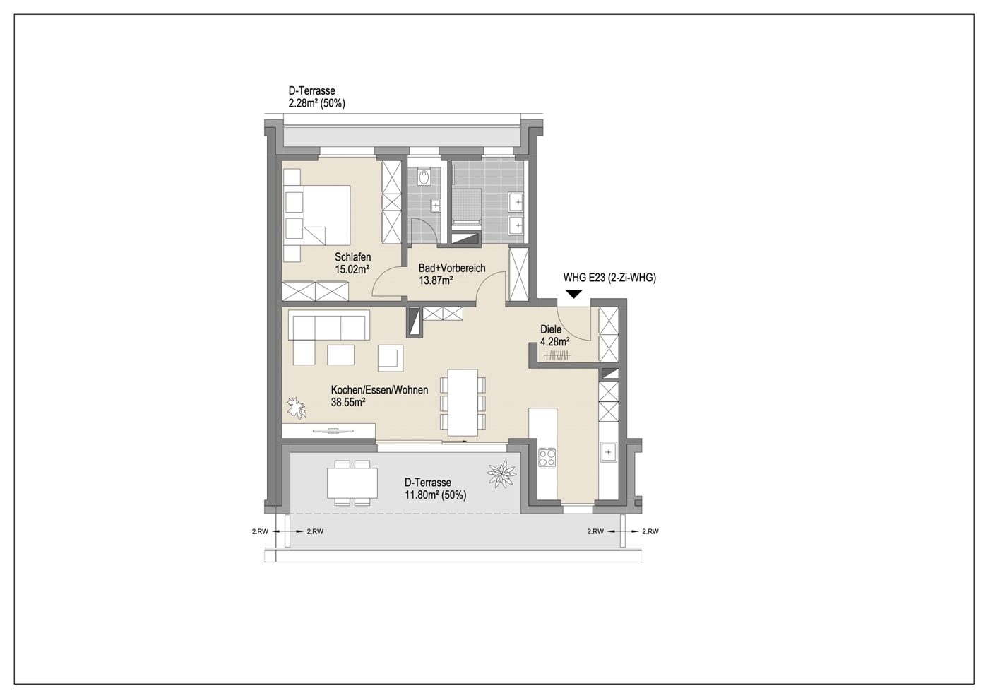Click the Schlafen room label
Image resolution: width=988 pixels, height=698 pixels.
353,256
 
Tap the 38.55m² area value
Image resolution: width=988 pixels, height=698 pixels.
348,403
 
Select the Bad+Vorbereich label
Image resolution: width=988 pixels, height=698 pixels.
452,268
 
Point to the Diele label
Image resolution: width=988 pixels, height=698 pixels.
551,329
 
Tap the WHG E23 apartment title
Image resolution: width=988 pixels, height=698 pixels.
609,278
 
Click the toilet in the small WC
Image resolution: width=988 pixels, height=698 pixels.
424,177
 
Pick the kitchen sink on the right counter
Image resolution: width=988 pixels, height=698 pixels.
608,452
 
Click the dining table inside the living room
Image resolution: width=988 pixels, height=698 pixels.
463,402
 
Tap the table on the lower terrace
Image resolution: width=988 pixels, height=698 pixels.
352,483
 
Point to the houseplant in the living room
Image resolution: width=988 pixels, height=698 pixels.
297,408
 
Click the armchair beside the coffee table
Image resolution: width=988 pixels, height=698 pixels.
391,357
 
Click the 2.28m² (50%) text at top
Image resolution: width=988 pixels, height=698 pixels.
316,103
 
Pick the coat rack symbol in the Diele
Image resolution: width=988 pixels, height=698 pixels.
557,354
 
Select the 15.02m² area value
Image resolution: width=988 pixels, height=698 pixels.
352,269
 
